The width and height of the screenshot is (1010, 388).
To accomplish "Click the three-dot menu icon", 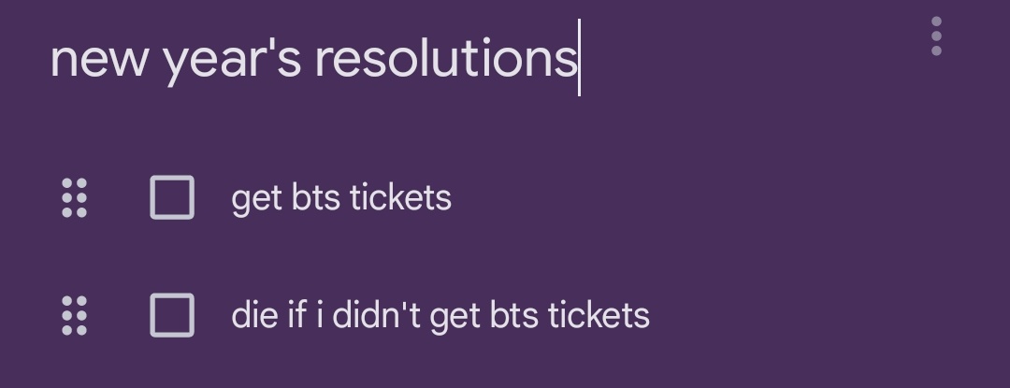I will point(936,36).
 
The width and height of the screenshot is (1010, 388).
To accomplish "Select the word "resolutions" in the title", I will point(446,59).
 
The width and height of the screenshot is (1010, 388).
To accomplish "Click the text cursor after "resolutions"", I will point(580,58).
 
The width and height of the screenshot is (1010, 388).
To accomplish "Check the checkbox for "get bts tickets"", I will point(172,197).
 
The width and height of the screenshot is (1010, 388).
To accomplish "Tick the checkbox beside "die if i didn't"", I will point(172,315).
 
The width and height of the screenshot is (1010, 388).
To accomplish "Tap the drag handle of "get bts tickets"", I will point(74,197).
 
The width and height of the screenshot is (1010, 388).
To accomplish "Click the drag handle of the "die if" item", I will point(74,315).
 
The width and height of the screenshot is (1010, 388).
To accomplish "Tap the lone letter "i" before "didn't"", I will point(319,315).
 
